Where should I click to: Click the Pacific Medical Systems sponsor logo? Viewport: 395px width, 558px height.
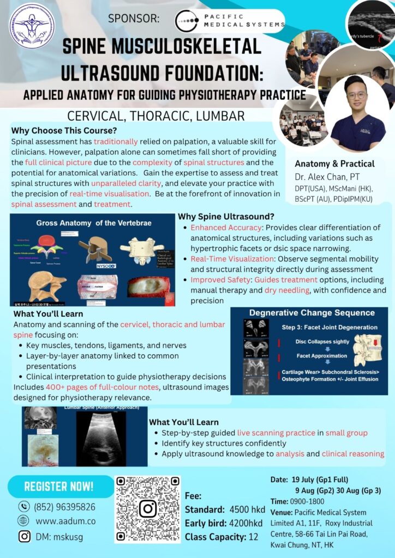point(230,21)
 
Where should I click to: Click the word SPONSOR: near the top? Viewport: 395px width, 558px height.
point(134,19)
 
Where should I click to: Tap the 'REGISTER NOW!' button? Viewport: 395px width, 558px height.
point(59,486)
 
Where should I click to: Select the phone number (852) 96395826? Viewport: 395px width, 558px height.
point(64,506)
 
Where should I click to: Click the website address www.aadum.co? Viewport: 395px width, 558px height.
point(65,521)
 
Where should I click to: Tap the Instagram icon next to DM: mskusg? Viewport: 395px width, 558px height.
point(24,536)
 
